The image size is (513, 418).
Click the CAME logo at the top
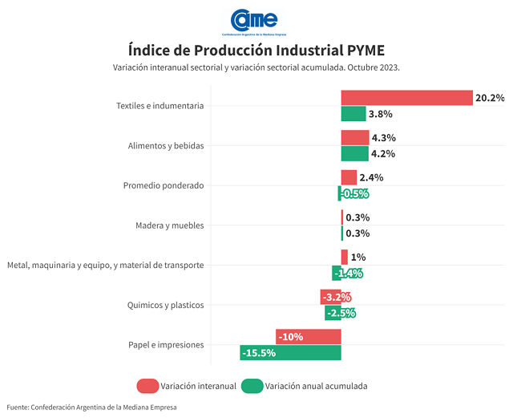(255, 21)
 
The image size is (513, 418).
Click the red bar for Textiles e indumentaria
(406, 98)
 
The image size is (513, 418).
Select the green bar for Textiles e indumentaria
(353, 114)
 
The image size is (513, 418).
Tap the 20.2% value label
(490, 98)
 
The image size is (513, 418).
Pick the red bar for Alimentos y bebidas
(355, 137)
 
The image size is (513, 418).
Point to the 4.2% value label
(383, 153)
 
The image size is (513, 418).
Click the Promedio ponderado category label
(164, 185)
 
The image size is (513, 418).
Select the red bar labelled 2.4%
(349, 177)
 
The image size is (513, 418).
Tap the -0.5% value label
(353, 193)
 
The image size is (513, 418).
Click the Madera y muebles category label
(170, 225)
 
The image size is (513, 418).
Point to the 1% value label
(358, 257)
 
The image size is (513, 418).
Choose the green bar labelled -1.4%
(337, 273)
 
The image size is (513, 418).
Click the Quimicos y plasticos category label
(166, 305)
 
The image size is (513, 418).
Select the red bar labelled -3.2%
(331, 297)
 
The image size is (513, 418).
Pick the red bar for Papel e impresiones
(309, 336)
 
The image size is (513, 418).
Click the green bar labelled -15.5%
(290, 352)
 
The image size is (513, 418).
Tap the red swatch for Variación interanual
(147, 386)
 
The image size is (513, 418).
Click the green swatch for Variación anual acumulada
(252, 386)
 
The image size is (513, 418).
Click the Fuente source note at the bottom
(92, 407)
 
